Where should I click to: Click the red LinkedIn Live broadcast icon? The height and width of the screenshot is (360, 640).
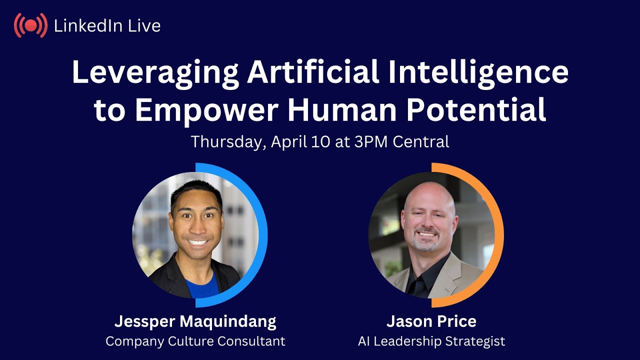coord(30,25)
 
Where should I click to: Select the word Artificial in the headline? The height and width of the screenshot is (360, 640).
coord(313,72)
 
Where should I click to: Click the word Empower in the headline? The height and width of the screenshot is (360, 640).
coord(205,110)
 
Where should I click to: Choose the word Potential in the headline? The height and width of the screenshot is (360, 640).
coord(475,110)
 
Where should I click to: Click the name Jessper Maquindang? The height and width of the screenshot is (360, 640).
coord(195,321)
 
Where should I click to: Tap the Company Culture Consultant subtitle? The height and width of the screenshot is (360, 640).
coord(195,341)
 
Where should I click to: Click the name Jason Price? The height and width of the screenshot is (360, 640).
coord(431,321)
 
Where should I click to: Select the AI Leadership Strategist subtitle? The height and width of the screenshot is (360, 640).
coord(431,341)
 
